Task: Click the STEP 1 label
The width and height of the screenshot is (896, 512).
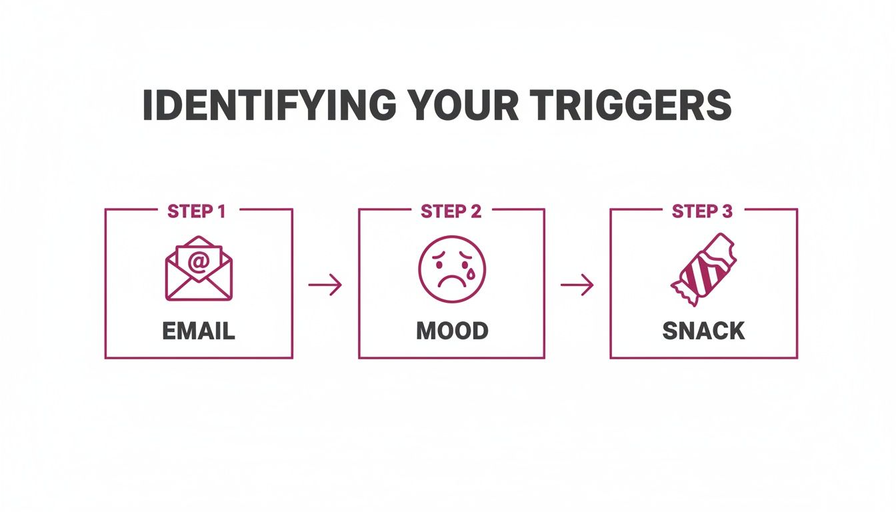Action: [197, 212]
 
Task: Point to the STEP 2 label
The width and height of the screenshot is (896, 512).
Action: [451, 212]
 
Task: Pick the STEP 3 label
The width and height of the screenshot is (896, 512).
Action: [703, 212]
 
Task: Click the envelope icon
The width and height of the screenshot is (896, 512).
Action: [199, 268]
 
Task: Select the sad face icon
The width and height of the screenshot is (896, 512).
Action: [451, 269]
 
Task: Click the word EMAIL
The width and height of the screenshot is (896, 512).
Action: [199, 331]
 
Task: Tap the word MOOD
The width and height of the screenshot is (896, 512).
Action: [451, 331]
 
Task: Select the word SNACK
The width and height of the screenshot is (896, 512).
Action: [703, 331]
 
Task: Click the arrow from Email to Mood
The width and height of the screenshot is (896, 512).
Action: [325, 285]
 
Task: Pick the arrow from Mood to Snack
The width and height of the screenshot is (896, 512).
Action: [577, 285]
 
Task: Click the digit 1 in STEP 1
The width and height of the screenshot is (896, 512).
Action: [220, 212]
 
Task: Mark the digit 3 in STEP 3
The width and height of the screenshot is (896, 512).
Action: [727, 212]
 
